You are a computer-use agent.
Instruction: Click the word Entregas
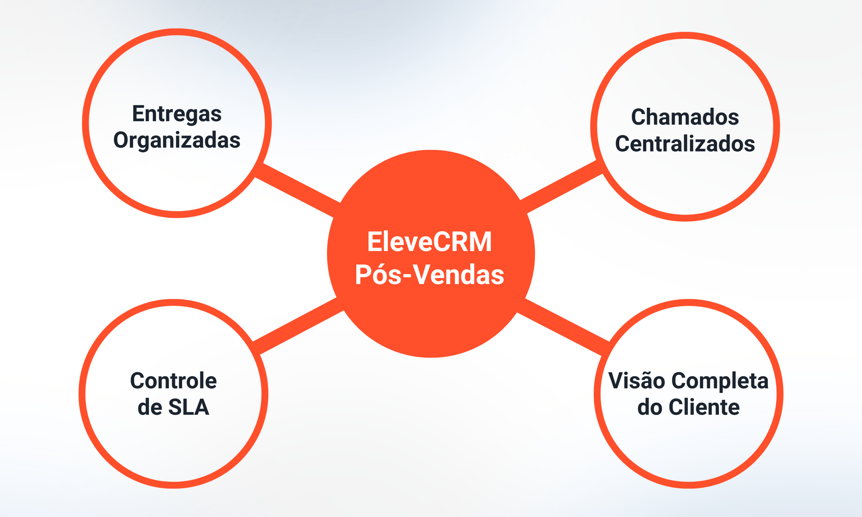(177, 114)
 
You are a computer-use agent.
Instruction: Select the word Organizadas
(177, 140)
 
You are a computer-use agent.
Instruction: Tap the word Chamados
(685, 117)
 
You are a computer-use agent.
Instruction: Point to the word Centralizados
(685, 143)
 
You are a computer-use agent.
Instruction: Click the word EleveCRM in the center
(429, 242)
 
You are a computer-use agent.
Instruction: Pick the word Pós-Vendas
(429, 275)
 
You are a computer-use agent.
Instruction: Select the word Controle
(173, 381)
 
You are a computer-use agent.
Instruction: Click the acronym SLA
(189, 407)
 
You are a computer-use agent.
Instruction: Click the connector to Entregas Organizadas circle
(298, 190)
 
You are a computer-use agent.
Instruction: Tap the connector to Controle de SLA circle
(298, 325)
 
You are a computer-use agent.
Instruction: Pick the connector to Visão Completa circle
(563, 327)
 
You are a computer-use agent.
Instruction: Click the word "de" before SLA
(150, 407)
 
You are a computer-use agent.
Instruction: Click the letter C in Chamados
(638, 117)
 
